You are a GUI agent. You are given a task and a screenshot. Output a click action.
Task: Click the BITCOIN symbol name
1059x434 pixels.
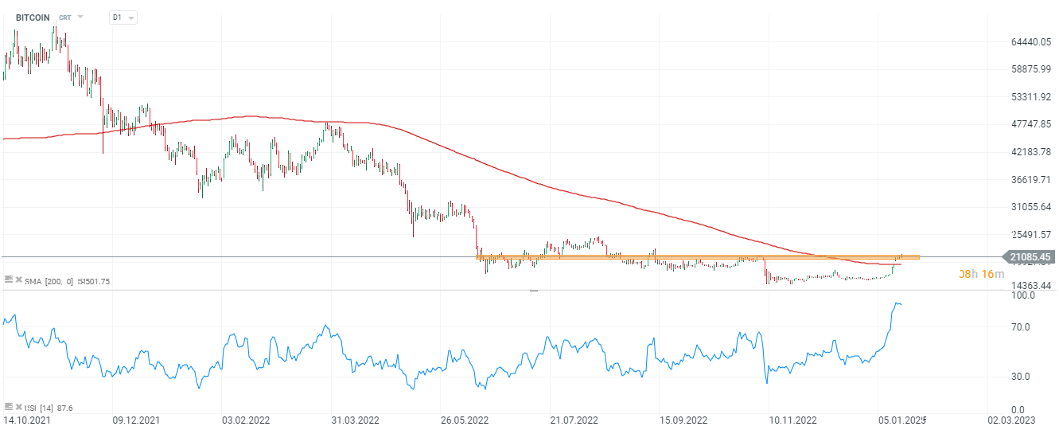pos(33,17)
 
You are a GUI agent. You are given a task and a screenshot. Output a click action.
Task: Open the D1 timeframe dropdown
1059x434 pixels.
pos(123,17)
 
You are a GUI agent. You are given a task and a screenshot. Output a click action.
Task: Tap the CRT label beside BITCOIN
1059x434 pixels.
pos(64,17)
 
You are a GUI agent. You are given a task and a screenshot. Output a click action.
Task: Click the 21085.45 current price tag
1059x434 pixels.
pos(1030,256)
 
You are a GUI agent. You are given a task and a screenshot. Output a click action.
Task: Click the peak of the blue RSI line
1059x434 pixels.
pos(897,303)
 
